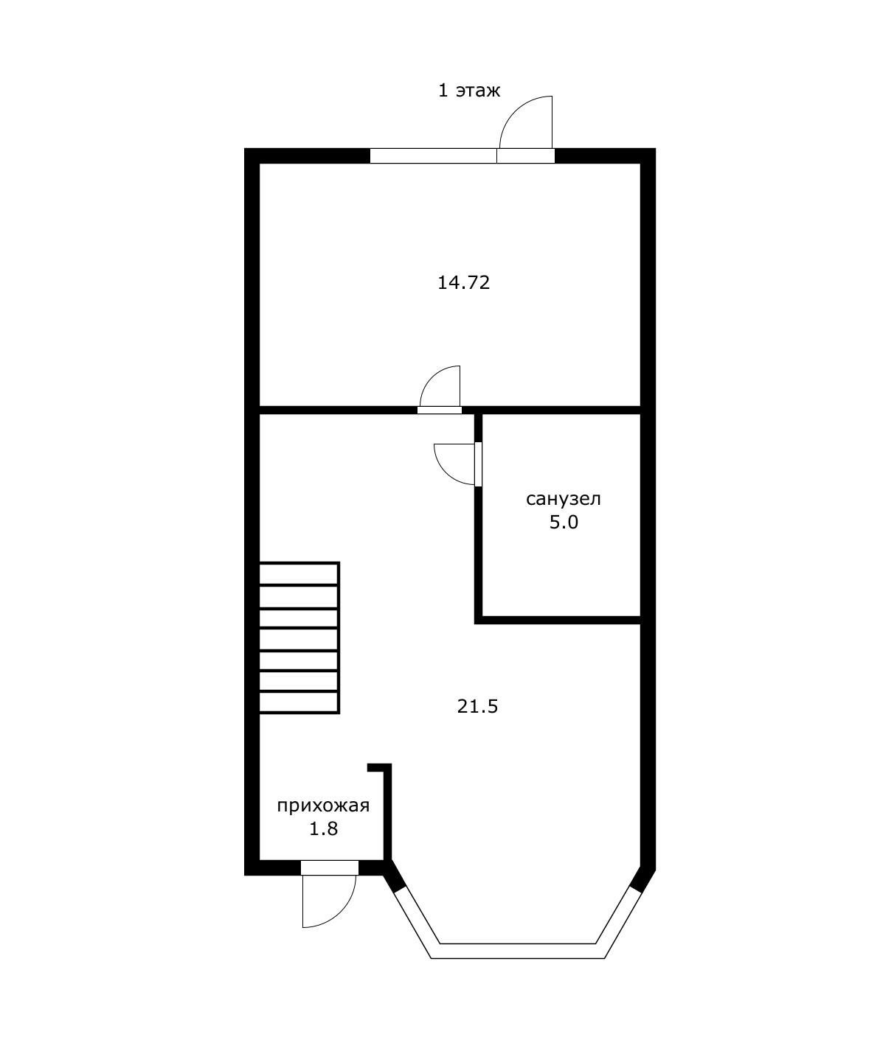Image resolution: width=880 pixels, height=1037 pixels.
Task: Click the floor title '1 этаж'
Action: tap(469, 91)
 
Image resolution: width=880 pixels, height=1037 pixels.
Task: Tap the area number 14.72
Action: tap(463, 283)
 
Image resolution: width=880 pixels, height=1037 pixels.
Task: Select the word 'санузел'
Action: tap(564, 499)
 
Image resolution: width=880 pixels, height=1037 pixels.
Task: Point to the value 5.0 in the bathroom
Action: tap(564, 523)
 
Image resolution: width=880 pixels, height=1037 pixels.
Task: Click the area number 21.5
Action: tap(477, 706)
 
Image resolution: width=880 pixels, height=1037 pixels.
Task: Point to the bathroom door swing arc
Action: tap(446, 472)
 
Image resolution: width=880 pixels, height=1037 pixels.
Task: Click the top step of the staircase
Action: tap(299, 573)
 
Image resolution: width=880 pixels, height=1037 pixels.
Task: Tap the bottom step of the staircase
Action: tap(299, 702)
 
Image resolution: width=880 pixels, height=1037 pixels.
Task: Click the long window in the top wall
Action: tap(433, 156)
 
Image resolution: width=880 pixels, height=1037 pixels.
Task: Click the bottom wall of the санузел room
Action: tap(558, 620)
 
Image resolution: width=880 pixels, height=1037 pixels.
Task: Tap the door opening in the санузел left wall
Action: tap(479, 464)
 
